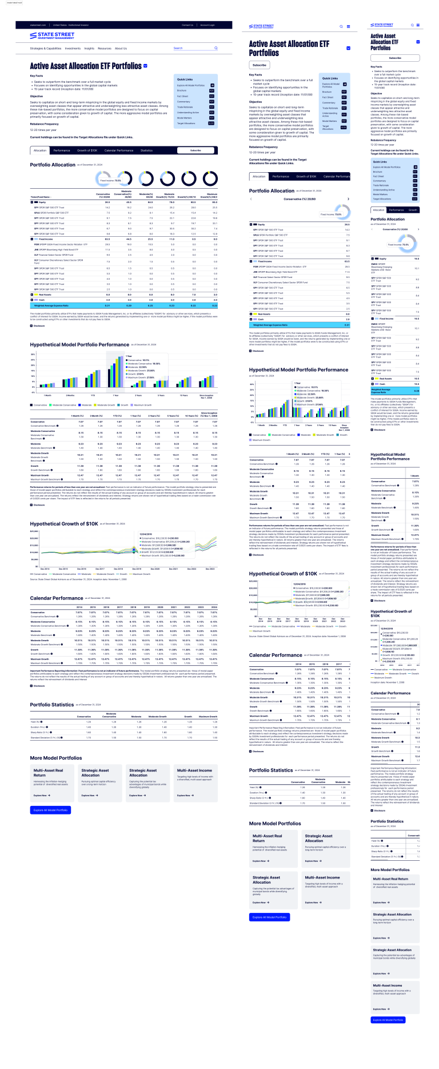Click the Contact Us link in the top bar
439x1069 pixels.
click(x=187, y=25)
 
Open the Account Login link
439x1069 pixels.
click(x=207, y=25)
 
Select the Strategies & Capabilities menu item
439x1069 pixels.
click(x=46, y=49)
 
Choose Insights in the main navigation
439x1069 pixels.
click(x=89, y=49)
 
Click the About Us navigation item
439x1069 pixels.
click(x=121, y=49)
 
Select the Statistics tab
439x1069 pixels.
click(x=147, y=150)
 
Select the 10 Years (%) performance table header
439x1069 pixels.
click(x=191, y=416)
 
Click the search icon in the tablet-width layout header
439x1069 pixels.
click(x=341, y=26)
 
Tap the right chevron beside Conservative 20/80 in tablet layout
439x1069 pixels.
click(x=348, y=199)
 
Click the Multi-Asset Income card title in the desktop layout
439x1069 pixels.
click(x=194, y=770)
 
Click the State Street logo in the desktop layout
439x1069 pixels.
click(x=52, y=36)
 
